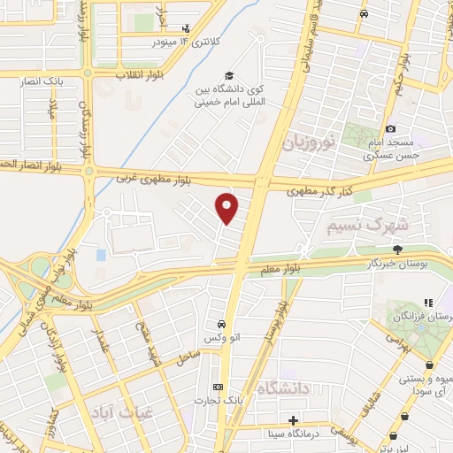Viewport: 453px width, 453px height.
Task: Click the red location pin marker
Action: coord(227,208)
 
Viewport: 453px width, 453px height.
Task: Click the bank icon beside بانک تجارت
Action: coord(219,386)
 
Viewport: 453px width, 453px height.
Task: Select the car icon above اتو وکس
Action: coord(219,324)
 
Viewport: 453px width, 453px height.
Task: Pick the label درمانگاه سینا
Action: coord(294,434)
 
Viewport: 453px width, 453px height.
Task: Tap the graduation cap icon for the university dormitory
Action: coord(229,77)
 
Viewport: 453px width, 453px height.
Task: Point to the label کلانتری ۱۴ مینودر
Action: coord(159,42)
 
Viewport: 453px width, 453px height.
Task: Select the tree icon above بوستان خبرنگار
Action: coord(397,249)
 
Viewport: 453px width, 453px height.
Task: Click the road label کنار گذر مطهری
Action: coord(320,189)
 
